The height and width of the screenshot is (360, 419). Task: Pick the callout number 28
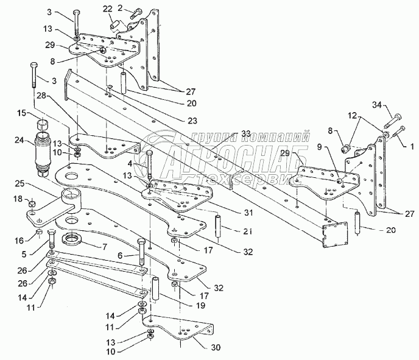41,96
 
